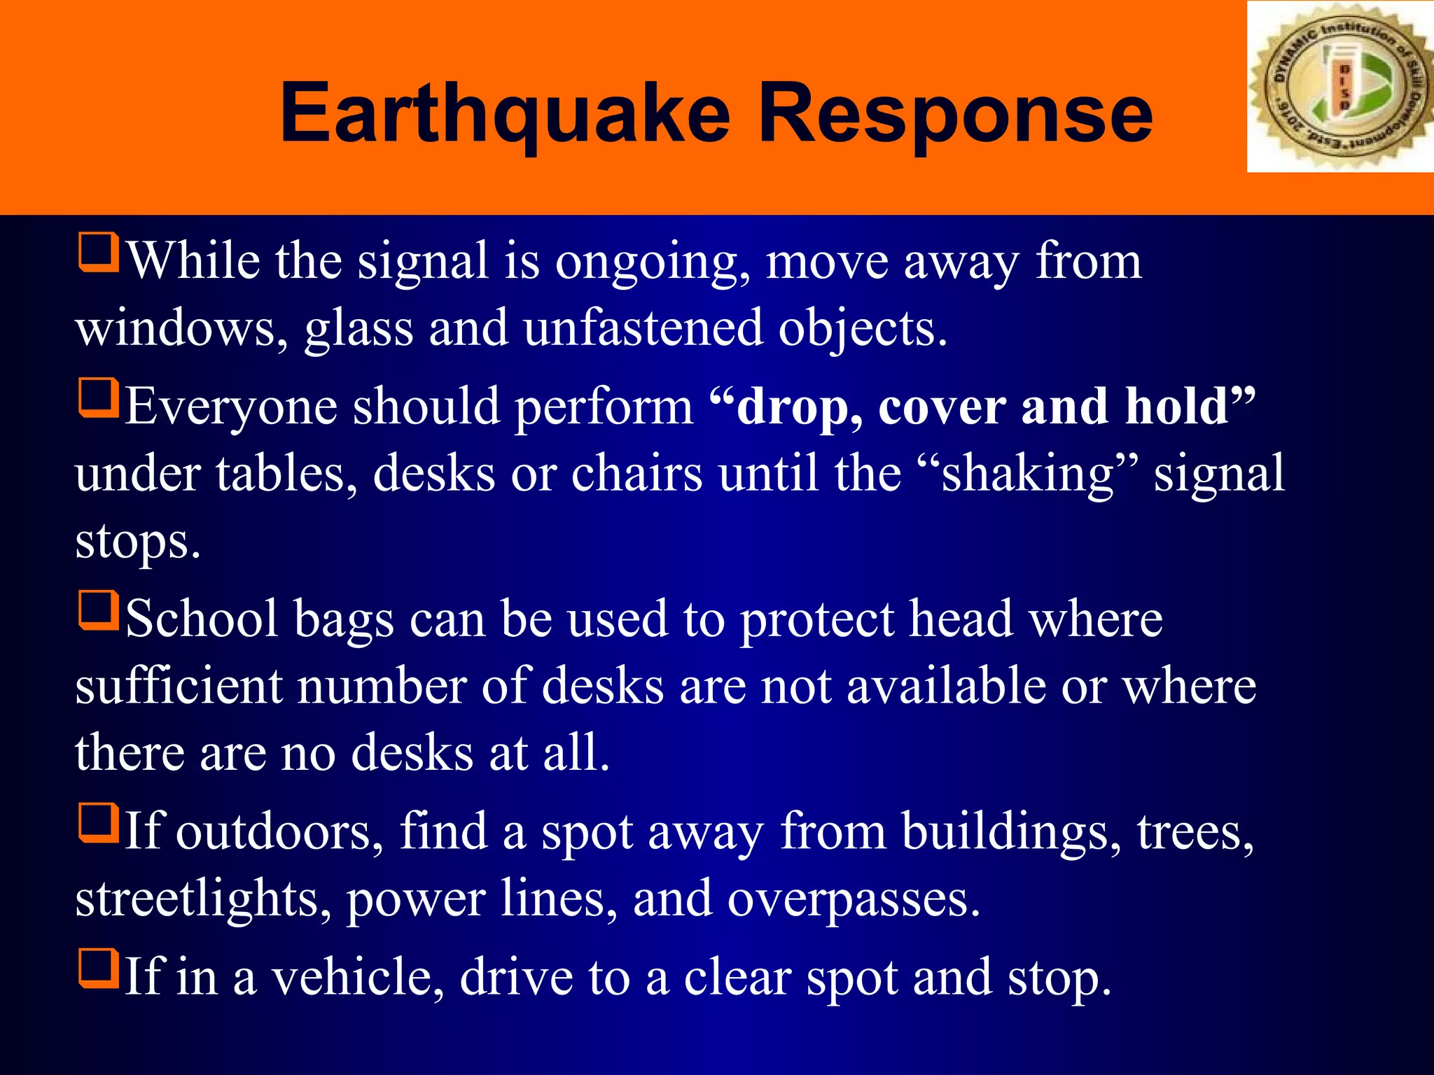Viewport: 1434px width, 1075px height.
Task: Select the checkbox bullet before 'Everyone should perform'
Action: [98, 398]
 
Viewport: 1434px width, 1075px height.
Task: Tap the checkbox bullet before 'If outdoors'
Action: [98, 823]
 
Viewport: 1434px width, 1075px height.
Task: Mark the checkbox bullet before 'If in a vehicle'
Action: [98, 968]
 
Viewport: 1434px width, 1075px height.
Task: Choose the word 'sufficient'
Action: [179, 686]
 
